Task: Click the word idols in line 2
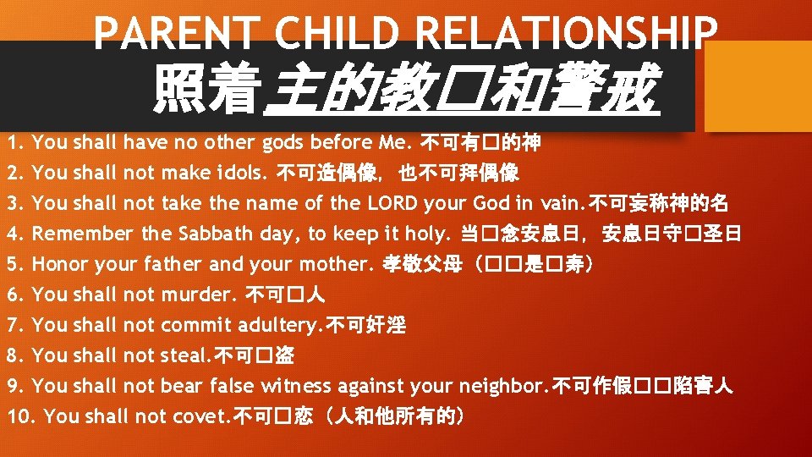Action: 245,173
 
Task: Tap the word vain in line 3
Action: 560,203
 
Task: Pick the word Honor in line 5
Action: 60,264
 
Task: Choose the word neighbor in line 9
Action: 502,386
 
